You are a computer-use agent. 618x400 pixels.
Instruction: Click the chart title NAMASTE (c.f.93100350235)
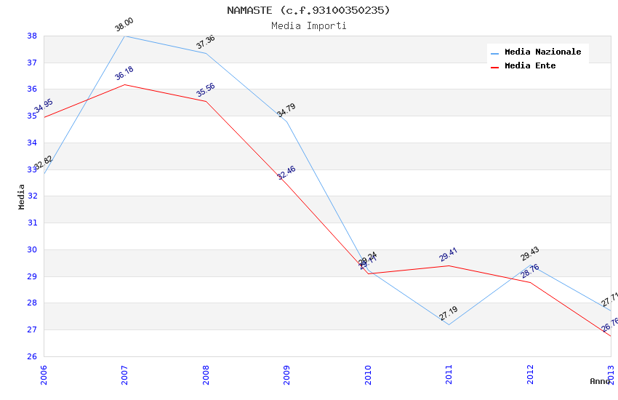(308, 10)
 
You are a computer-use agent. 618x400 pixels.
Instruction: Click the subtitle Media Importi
(308, 26)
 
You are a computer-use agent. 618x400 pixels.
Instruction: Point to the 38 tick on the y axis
(32, 36)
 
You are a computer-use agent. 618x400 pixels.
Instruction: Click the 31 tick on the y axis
(32, 223)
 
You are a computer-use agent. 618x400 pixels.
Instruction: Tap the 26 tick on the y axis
(32, 356)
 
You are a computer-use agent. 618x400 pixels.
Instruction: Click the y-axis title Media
(22, 196)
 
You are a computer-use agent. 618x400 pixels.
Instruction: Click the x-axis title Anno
(599, 381)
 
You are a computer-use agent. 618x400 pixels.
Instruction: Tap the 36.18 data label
(124, 73)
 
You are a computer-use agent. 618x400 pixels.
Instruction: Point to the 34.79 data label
(286, 111)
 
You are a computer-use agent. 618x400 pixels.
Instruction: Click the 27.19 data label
(449, 313)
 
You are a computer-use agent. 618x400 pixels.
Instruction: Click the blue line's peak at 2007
(125, 36)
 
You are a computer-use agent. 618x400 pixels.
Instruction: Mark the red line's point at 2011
(449, 265)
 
